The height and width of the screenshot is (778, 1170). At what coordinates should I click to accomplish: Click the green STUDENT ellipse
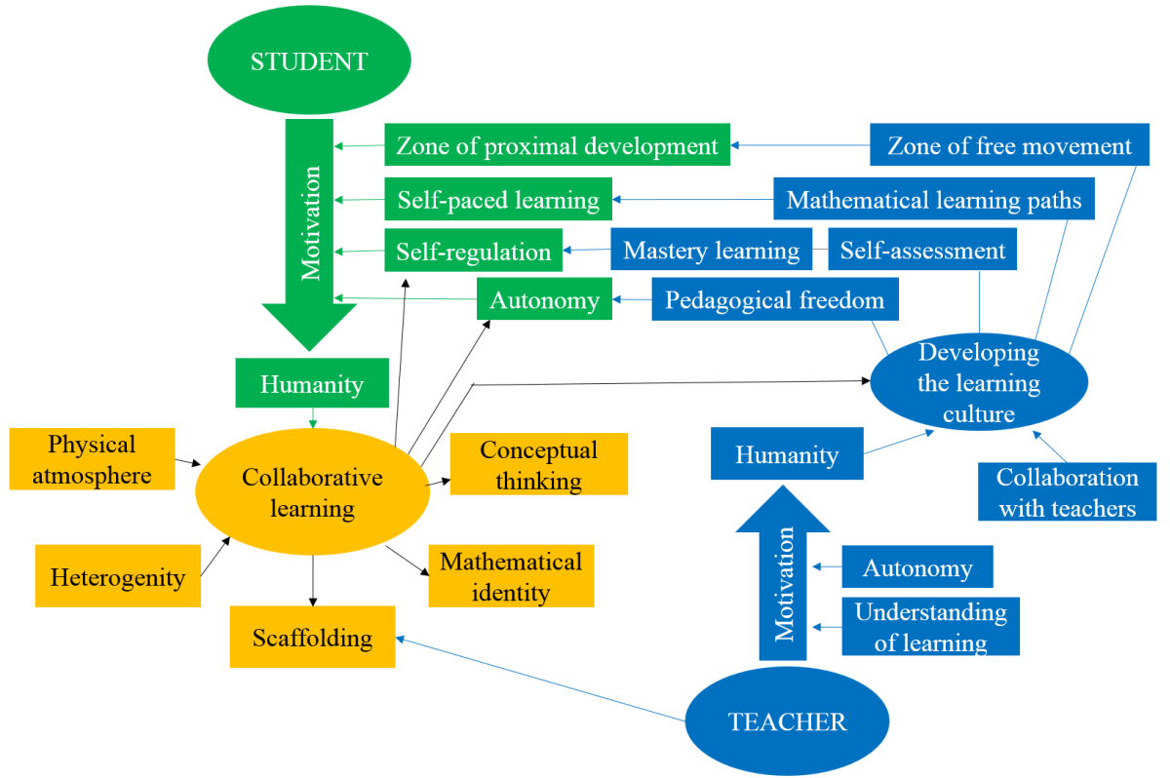[309, 61]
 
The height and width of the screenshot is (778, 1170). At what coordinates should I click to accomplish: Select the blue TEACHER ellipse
[787, 721]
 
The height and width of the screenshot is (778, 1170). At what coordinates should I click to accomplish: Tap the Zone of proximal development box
[557, 146]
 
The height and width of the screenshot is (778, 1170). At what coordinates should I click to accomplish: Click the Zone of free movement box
[1009, 146]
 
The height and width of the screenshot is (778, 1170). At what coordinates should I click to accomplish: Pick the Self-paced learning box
[498, 200]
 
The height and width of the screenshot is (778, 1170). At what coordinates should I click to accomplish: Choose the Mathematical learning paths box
[934, 200]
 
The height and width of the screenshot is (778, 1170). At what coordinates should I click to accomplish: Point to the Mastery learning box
[712, 251]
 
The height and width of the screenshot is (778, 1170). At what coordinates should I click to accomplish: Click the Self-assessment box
[922, 251]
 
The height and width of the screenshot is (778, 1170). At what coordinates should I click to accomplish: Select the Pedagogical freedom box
[774, 300]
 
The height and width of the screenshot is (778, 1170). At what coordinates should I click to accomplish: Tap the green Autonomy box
[544, 300]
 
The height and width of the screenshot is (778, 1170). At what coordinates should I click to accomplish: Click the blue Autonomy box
[916, 567]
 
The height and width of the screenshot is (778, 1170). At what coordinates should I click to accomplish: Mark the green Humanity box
[311, 384]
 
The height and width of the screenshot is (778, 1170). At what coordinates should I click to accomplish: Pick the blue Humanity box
[786, 454]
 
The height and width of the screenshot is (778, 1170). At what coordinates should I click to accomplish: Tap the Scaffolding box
[312, 638]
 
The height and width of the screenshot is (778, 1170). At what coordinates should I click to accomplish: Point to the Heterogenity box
[117, 577]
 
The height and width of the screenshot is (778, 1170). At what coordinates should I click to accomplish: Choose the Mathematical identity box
[510, 576]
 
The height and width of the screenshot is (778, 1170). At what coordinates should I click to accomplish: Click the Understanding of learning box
[930, 627]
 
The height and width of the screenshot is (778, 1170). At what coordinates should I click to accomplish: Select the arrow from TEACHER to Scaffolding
[541, 680]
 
